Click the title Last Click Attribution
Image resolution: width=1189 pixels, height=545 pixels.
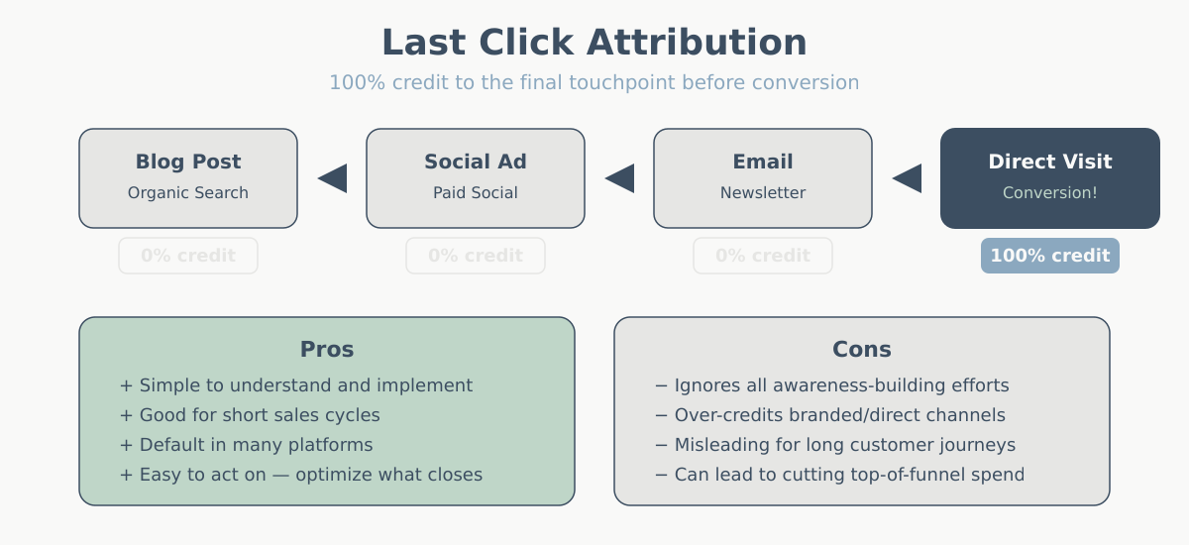point(594,43)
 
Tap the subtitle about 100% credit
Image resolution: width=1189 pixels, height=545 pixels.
point(594,82)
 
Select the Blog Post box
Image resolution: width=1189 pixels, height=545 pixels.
point(188,177)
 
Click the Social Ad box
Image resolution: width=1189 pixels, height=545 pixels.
point(476,177)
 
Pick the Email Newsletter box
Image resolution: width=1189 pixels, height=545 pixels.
point(763,177)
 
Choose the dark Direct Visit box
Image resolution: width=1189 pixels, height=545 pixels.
point(1050,177)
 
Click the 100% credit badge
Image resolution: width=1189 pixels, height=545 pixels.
point(1050,256)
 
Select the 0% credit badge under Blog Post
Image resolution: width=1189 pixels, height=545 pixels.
point(188,256)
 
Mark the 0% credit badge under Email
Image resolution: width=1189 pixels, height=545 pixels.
point(763,256)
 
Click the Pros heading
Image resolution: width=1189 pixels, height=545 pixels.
point(327,350)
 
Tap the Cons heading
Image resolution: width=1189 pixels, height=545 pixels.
point(862,350)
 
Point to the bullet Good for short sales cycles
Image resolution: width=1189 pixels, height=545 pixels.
point(250,415)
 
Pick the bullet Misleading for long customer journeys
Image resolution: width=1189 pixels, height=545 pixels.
point(835,445)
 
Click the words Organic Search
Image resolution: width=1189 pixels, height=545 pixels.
point(188,193)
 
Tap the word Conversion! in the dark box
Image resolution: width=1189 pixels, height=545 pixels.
point(1050,193)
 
